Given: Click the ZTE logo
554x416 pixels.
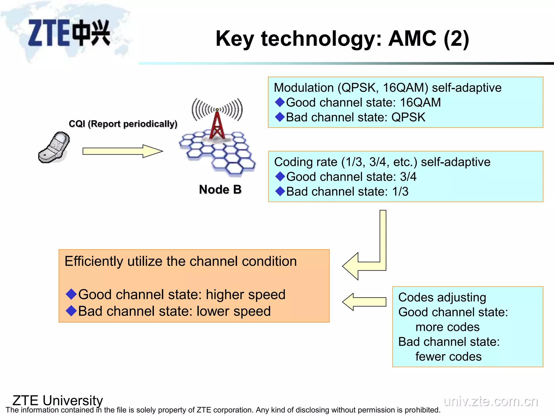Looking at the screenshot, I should [69, 33].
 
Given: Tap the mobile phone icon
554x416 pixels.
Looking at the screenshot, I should [54, 148].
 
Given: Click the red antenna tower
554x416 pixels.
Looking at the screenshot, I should [217, 126].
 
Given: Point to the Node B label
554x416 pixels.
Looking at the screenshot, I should [220, 190].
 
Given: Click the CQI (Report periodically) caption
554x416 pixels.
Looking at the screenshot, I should [123, 124].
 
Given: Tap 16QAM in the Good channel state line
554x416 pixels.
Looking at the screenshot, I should [420, 103].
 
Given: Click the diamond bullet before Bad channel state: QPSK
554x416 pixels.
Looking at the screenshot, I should [280, 117].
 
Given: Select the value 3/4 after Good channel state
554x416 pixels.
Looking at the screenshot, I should [408, 177].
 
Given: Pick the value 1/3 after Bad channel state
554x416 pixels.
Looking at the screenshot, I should [400, 192].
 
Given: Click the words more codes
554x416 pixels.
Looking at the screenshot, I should [447, 327].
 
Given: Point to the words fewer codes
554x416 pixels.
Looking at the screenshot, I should [448, 357].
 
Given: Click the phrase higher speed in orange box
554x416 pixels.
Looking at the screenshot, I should [245, 295].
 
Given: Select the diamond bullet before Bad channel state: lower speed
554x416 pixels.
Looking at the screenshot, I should [71, 311].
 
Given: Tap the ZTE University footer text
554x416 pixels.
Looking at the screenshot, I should [58, 400].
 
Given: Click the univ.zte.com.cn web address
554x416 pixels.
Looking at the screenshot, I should [491, 401].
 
